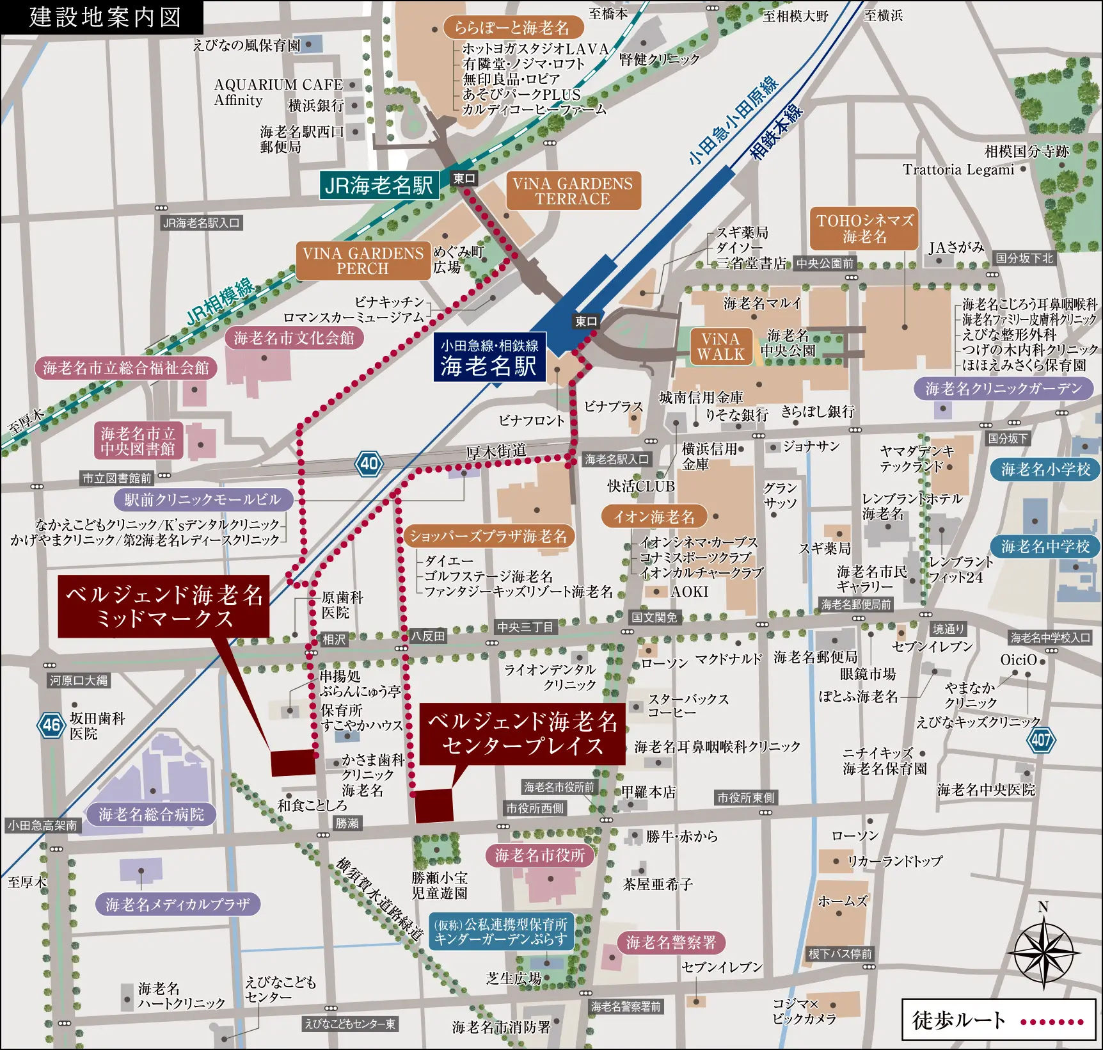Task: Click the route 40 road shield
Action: click(369, 463)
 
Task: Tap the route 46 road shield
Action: click(51, 725)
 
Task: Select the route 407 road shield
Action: click(1040, 740)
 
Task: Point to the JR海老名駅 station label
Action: click(379, 186)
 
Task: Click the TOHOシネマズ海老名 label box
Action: click(864, 229)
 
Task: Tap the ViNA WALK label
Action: click(720, 347)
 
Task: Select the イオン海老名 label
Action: click(654, 517)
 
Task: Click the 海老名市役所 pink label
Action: click(540, 855)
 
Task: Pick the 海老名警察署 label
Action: click(671, 942)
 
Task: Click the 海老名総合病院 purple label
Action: click(151, 814)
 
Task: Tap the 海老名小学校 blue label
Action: click(1045, 469)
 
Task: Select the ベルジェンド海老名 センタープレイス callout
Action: click(522, 734)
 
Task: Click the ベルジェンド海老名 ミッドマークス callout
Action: click(164, 606)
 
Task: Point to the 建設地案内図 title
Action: click(102, 17)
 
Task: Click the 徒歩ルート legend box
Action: click(998, 1020)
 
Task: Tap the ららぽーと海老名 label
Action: click(512, 28)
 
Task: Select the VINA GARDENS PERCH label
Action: click(362, 261)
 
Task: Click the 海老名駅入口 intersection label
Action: click(616, 459)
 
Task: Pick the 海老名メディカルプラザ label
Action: click(178, 904)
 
